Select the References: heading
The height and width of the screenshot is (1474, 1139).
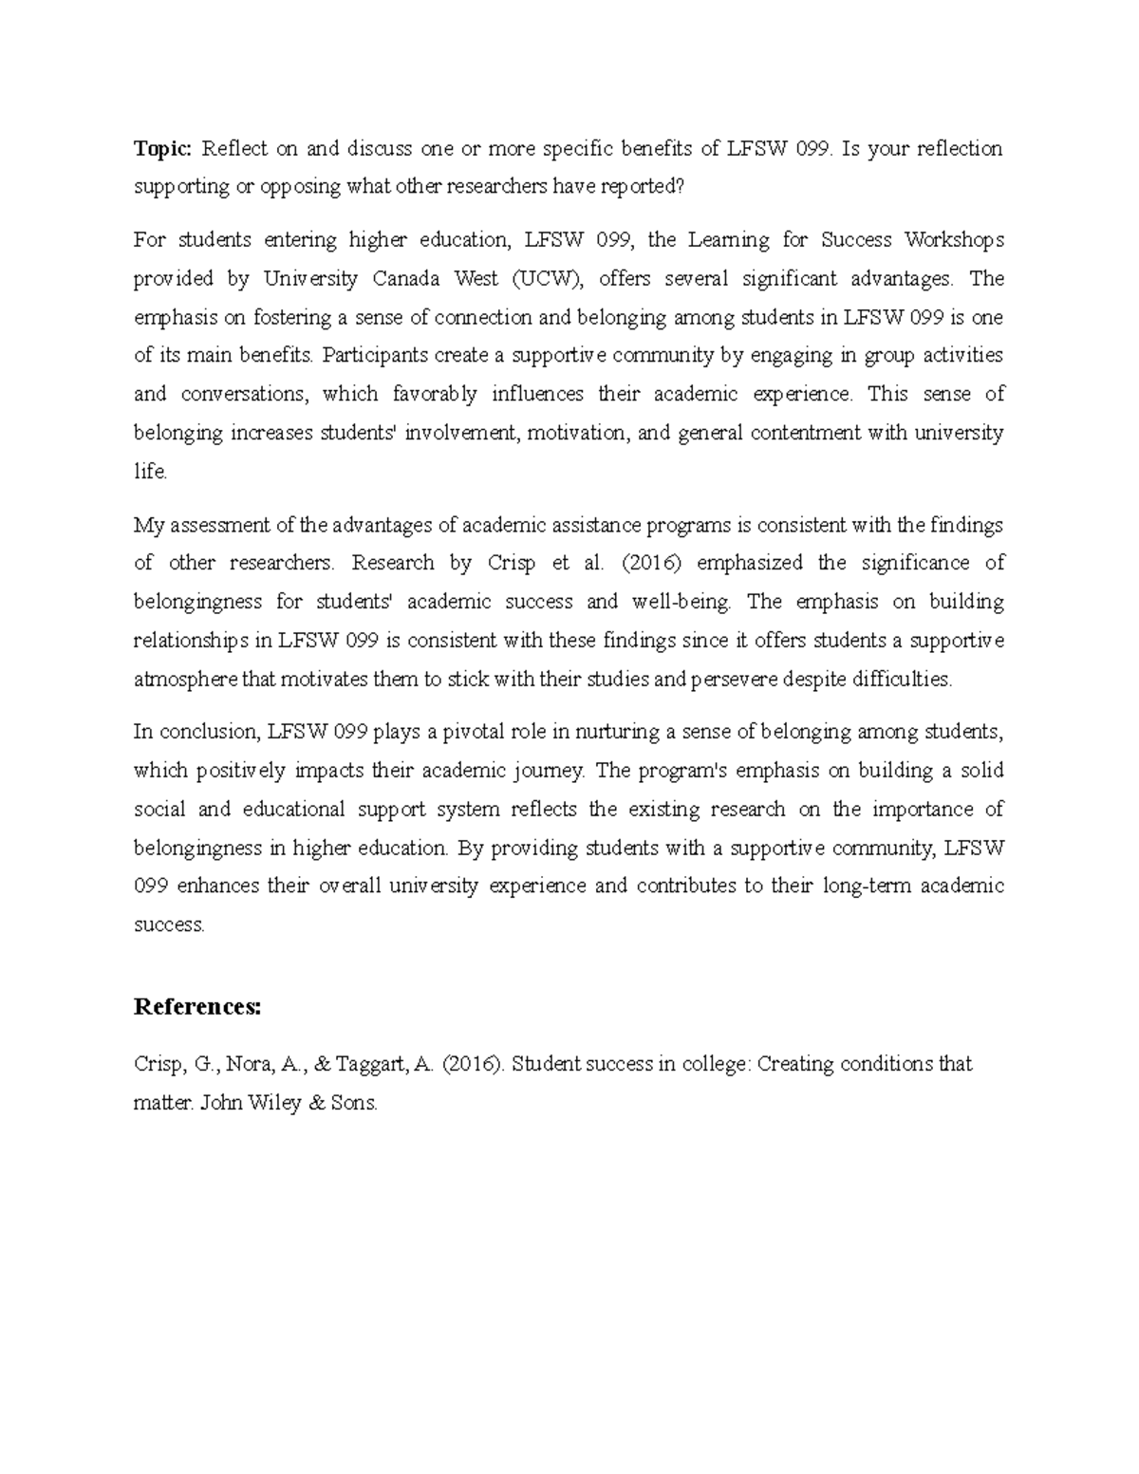pyautogui.click(x=196, y=1006)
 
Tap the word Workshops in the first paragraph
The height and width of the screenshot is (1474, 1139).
pyautogui.click(x=954, y=240)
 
